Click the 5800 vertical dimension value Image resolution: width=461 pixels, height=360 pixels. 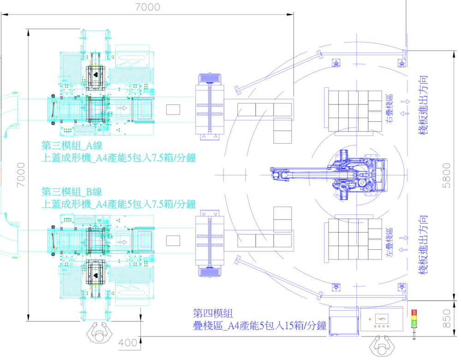[x=447, y=175]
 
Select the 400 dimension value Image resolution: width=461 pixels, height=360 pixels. [x=128, y=343]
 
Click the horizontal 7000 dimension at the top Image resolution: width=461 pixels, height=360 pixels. [x=148, y=7]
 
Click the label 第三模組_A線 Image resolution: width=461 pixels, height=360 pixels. [x=72, y=145]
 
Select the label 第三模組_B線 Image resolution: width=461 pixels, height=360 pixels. [x=72, y=192]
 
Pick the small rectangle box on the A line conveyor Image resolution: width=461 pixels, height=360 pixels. [x=173, y=110]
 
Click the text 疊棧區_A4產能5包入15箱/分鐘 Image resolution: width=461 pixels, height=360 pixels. [x=260, y=326]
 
